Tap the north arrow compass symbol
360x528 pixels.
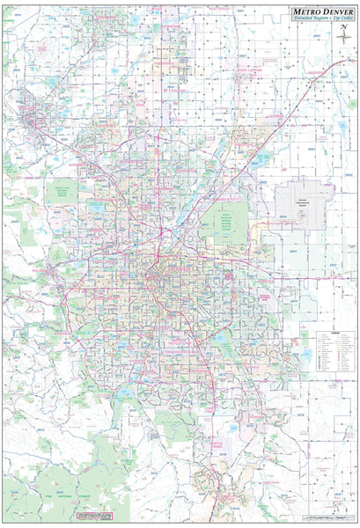[x=343, y=32]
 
